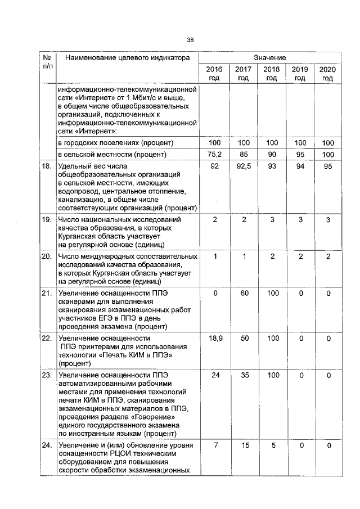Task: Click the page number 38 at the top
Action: pos(190,39)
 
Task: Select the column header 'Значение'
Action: pos(270,58)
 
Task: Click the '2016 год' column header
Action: pos(214,73)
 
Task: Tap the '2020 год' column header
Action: pos(327,73)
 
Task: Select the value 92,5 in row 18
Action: pos(243,166)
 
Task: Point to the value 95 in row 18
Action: pos(327,166)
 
